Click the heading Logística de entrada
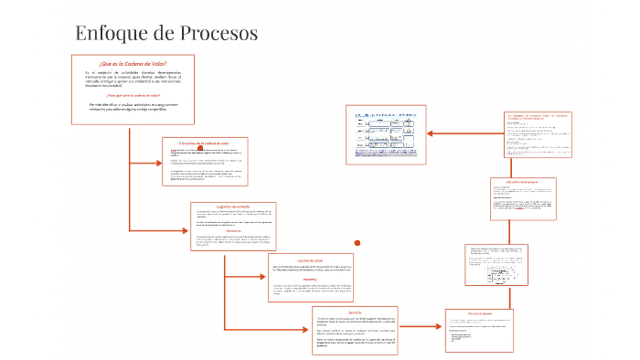[231, 207]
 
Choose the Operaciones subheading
[231, 232]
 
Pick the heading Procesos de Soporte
[481, 311]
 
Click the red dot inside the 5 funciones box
[187, 150]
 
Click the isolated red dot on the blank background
[357, 242]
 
